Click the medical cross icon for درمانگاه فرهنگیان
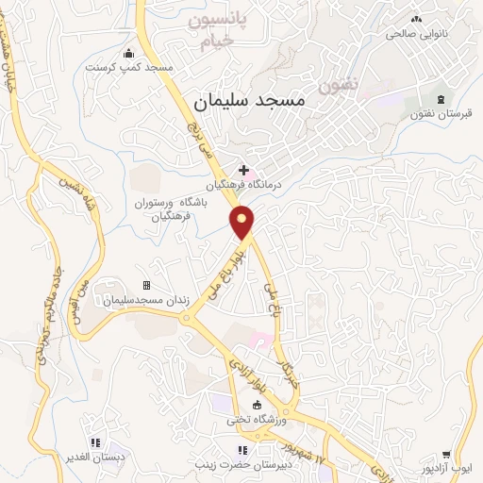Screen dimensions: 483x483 pyautogui.click(x=244, y=170)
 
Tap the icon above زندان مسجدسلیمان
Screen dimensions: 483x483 pyautogui.click(x=146, y=285)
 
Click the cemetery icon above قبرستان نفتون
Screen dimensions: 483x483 pyautogui.click(x=441, y=98)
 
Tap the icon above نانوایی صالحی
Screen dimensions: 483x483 pyautogui.click(x=416, y=18)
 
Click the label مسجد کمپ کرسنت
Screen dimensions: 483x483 pyautogui.click(x=128, y=68)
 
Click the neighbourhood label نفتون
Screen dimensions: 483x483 pyautogui.click(x=340, y=86)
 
